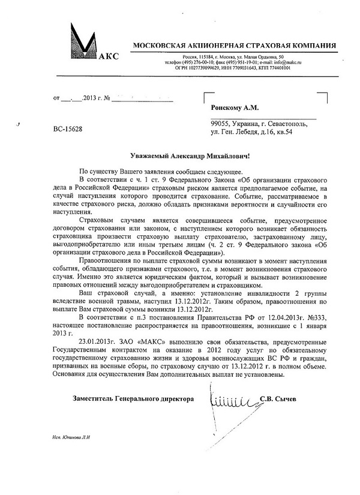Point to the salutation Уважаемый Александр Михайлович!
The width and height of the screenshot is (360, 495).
coord(180,155)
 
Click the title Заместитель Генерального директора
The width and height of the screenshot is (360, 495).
coord(133,398)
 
